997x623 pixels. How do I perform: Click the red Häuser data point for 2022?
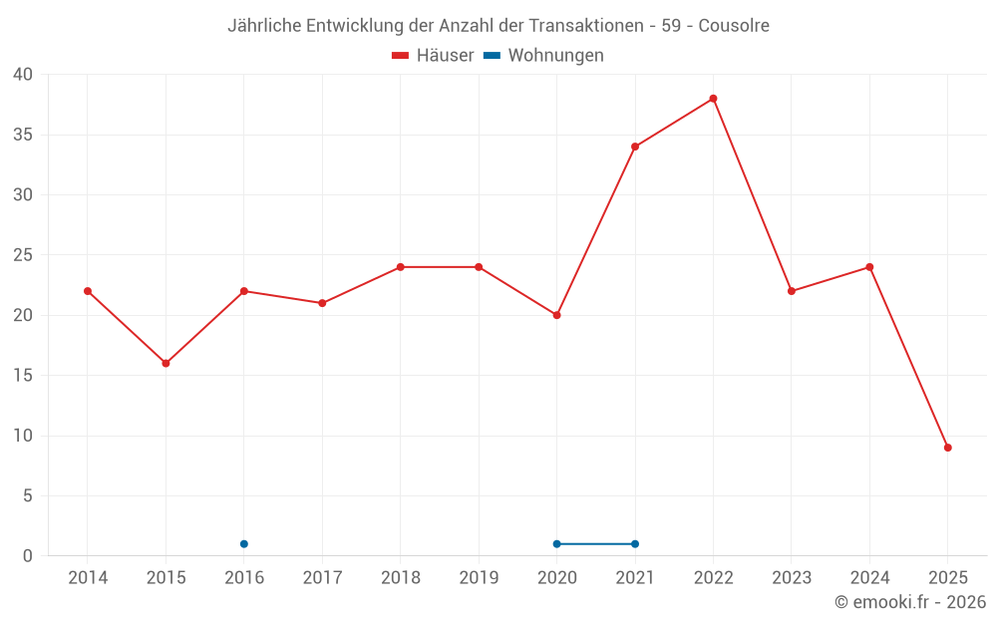714,99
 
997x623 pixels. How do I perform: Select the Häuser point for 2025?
948,448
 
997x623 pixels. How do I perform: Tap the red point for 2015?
166,363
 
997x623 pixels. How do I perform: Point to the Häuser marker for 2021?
635,147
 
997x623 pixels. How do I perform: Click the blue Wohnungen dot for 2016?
244,544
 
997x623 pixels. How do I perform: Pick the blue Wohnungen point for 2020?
557,544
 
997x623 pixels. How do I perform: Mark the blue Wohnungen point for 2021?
635,544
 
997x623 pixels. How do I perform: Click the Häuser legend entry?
433,56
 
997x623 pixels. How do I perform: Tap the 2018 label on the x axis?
401,578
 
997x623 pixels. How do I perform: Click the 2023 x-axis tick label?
792,578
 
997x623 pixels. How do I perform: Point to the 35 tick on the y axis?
23,135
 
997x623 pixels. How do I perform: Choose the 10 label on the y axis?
23,436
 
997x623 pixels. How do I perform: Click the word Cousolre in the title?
734,26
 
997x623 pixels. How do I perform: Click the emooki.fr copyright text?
910,602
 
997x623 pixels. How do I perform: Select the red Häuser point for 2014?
88,291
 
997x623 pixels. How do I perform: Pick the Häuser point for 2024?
869,267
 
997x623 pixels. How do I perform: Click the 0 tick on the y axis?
28,556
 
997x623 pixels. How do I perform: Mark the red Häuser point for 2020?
557,315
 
